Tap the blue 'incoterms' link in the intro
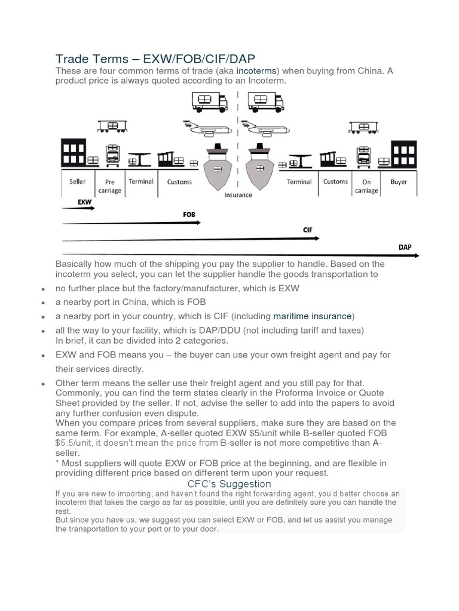coord(256,71)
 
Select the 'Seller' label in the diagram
coord(78,181)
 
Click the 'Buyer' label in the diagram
coord(399,181)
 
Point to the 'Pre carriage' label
coord(113,186)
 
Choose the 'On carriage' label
coord(366,186)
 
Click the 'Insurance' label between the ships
coord(238,195)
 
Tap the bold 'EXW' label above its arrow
coord(85,202)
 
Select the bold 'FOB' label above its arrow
coord(189,214)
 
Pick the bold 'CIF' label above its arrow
coord(308,230)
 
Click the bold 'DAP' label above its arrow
coord(405,246)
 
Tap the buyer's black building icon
coord(403,154)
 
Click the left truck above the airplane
coord(210,101)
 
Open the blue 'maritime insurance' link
coord(313,316)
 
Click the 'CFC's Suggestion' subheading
coord(229,484)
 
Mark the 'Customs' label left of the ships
coord(179,181)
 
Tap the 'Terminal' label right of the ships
coord(299,181)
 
